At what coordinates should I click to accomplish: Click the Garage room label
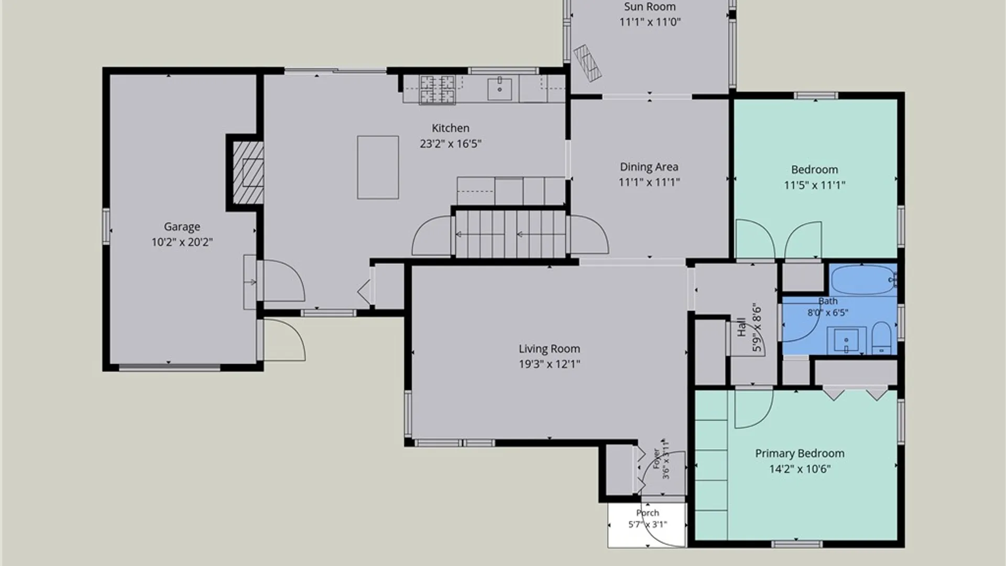pos(182,226)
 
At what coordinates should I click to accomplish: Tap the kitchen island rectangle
pos(378,167)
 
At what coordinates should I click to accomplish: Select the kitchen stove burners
pos(438,89)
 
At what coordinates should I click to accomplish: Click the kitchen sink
pos(500,88)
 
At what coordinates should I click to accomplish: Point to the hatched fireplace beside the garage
pos(248,172)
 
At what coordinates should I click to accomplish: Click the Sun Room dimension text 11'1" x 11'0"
pos(650,22)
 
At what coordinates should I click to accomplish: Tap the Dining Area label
pos(649,167)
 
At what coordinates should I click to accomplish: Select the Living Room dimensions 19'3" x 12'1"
pos(549,364)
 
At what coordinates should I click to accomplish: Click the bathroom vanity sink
pos(846,340)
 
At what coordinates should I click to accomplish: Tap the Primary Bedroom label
pos(800,453)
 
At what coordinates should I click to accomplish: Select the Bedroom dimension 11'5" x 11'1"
pos(814,185)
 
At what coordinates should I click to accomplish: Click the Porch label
pos(648,513)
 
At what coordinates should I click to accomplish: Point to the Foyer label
pos(656,459)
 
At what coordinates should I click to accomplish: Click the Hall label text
pos(741,328)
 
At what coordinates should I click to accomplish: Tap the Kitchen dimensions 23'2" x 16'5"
pos(450,144)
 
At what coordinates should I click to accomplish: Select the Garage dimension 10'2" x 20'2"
pos(182,242)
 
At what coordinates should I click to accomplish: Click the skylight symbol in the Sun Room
pos(587,63)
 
